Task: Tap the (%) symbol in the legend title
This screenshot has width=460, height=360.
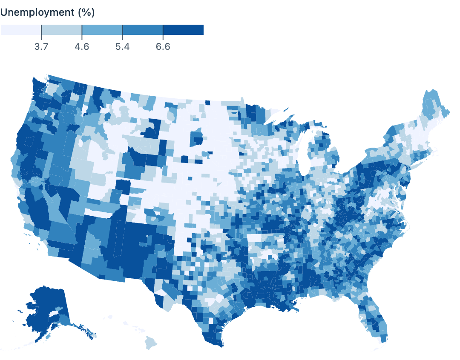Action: point(86,13)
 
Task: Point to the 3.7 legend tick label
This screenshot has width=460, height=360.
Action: point(41,46)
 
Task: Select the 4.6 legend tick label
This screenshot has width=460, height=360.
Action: point(82,46)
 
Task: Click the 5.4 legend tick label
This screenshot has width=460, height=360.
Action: point(122,46)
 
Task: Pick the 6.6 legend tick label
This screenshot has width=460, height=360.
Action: point(163,46)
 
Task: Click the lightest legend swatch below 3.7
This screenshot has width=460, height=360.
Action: point(21,30)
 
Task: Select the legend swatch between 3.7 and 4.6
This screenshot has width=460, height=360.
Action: point(61,30)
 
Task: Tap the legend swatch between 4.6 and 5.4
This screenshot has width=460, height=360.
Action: point(102,30)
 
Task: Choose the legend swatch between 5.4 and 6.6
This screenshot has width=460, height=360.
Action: point(142,30)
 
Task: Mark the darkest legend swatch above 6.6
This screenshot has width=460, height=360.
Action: point(183,30)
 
